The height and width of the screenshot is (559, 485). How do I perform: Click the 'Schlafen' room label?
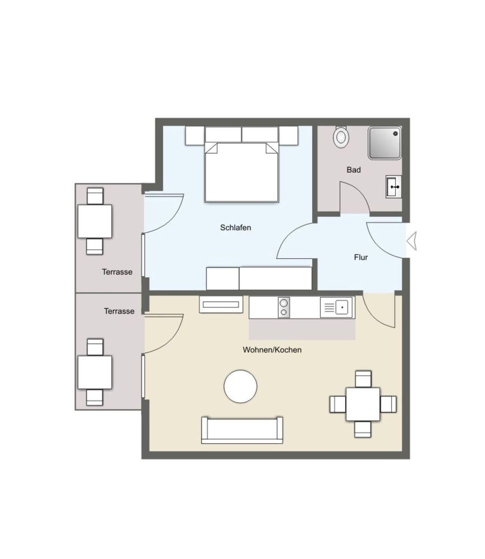coord(236,227)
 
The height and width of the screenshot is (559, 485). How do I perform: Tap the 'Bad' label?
coord(354,170)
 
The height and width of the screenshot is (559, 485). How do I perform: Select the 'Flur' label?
coord(361,257)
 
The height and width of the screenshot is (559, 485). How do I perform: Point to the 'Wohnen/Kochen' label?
coord(272,350)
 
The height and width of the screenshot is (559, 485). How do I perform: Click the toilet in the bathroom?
coord(341,137)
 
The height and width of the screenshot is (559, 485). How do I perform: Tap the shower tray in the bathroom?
coord(385,143)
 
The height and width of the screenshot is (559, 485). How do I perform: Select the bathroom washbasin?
coord(394,187)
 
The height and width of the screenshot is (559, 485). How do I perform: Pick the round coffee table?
coord(240,386)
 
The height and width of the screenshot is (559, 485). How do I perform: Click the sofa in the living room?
coord(242,431)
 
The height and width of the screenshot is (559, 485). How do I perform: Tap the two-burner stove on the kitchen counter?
coord(284,307)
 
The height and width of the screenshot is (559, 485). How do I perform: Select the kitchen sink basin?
coord(342,307)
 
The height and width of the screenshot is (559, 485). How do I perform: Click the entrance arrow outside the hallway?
coord(412,241)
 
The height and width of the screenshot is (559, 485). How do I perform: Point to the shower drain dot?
coord(395,133)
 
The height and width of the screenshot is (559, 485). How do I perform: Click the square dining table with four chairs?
coord(363,404)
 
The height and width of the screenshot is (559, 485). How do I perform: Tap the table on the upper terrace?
coord(95,221)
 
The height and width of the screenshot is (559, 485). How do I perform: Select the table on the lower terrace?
coord(95,372)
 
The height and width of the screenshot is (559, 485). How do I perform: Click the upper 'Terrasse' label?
coord(117,272)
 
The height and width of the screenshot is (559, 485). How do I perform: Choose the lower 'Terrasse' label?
coord(119,311)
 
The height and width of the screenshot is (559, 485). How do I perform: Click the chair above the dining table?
coord(363,379)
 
